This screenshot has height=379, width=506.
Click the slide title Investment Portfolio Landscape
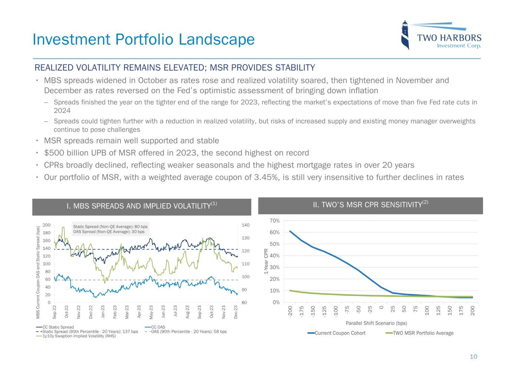point(143,40)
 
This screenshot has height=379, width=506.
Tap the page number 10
point(473,357)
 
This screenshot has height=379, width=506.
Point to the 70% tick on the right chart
point(275,221)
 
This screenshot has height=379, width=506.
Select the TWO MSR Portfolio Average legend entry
point(423,333)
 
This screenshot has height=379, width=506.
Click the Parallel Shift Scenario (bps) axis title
point(376,323)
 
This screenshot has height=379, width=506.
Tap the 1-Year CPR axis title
point(266,261)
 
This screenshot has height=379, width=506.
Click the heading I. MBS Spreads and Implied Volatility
point(141,206)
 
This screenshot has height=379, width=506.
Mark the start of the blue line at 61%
point(290,231)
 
